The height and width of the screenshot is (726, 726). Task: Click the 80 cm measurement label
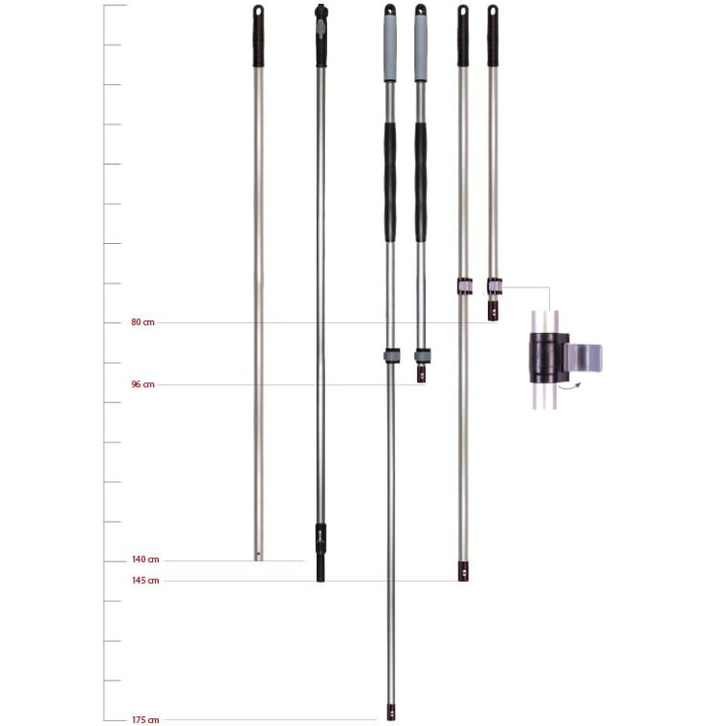[x=142, y=322]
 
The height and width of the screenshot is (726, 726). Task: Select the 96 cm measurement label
[x=142, y=384]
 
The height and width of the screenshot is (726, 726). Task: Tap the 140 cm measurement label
[x=145, y=560]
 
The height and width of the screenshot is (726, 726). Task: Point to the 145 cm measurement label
[x=145, y=581]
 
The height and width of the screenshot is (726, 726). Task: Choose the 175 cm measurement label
[x=145, y=720]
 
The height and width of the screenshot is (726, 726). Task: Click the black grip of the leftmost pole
[x=258, y=36]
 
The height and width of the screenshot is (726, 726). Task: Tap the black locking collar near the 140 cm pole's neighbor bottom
[x=320, y=539]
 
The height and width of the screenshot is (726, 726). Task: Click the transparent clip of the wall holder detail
[x=584, y=358]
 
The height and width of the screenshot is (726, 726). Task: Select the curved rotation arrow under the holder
[x=569, y=386]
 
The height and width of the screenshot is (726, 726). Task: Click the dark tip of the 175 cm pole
[x=391, y=712]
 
